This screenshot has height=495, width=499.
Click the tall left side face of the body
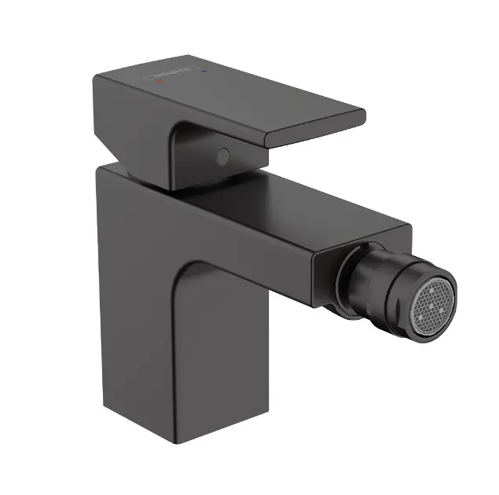(x=134, y=314)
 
